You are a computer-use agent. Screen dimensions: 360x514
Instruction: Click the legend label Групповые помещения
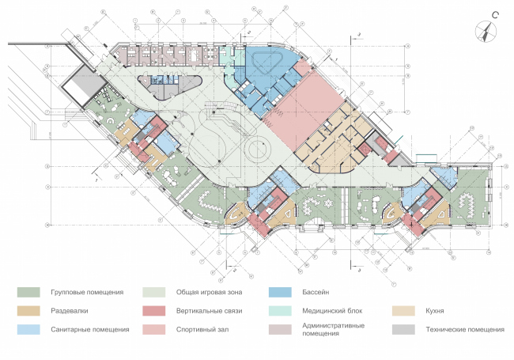[x=86, y=293]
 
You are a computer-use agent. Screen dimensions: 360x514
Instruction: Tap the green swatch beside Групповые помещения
[x=29, y=293]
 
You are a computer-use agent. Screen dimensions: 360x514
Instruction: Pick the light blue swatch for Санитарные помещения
[x=29, y=329]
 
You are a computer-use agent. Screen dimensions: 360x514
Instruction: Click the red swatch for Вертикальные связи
[x=153, y=311]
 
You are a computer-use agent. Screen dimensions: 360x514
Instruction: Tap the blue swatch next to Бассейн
[x=279, y=293]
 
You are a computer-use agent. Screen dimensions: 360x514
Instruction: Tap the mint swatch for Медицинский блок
[x=279, y=311]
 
